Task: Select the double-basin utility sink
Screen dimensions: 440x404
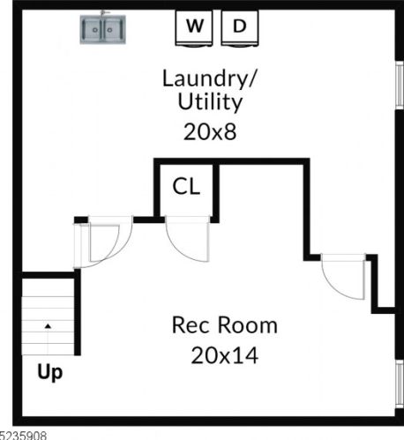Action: click(104, 31)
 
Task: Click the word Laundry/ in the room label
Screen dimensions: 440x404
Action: click(209, 78)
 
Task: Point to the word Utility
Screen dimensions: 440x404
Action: click(209, 102)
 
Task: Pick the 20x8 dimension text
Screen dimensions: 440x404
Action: click(209, 132)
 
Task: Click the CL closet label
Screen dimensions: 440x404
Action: click(186, 187)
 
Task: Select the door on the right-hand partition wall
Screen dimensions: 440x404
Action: click(344, 275)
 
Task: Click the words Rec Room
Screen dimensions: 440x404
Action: click(224, 325)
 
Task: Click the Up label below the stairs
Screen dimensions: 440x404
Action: click(49, 373)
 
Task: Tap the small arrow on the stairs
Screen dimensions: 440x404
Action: click(49, 326)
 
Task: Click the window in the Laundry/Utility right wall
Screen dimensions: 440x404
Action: click(399, 88)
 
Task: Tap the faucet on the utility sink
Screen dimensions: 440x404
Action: click(104, 15)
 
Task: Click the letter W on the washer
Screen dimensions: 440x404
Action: click(196, 26)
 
